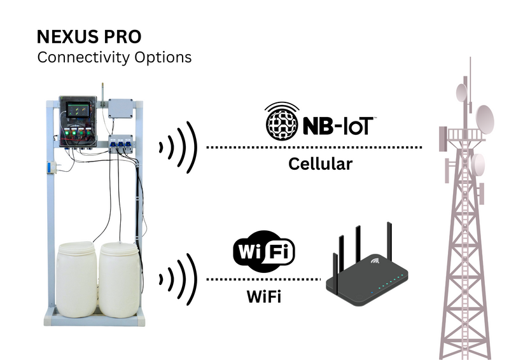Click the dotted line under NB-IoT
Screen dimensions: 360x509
(315, 148)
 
